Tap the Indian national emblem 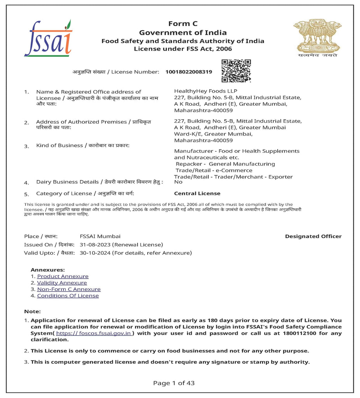tap(317, 38)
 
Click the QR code tap(236, 71)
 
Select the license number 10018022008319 tap(189, 72)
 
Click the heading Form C tap(183, 24)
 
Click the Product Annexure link tap(63, 276)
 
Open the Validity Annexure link tap(62, 283)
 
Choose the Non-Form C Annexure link tap(69, 289)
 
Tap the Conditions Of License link tap(68, 296)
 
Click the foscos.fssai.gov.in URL tap(94, 333)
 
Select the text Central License tap(197, 194)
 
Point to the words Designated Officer tap(313, 236)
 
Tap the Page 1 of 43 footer tap(174, 383)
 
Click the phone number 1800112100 tap(302, 333)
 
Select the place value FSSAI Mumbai tap(100, 236)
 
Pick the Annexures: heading tap(48, 270)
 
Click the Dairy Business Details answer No tap(178, 182)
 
